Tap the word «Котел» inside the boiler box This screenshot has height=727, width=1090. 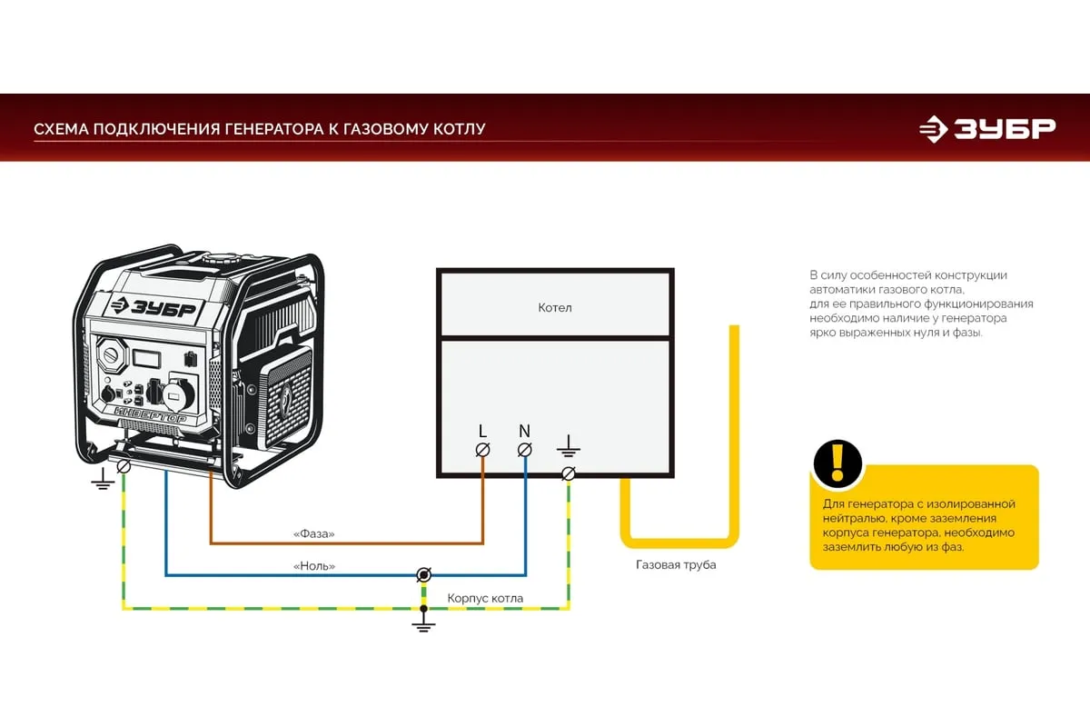tap(555, 308)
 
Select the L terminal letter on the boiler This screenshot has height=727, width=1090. tap(482, 430)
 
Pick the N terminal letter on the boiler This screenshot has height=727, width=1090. tap(524, 430)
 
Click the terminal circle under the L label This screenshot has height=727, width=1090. tap(483, 450)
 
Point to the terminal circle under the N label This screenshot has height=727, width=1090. tap(524, 450)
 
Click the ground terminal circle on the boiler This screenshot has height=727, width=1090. tap(569, 473)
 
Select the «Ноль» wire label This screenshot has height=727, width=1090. tap(314, 566)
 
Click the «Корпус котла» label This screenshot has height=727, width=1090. tap(485, 599)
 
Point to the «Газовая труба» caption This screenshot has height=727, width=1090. tap(676, 565)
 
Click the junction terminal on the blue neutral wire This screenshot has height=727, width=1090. tap(423, 574)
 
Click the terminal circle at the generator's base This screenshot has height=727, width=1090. tap(124, 466)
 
